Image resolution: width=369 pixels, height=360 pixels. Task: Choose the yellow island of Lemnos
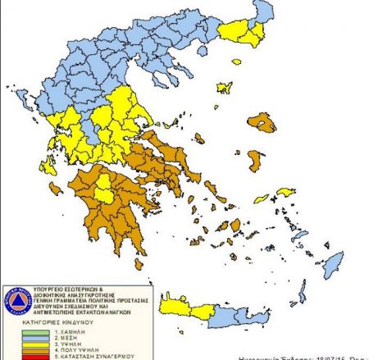pyautogui.click(x=224, y=87)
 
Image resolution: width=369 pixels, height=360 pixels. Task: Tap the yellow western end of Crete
pyautogui.click(x=180, y=307)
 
